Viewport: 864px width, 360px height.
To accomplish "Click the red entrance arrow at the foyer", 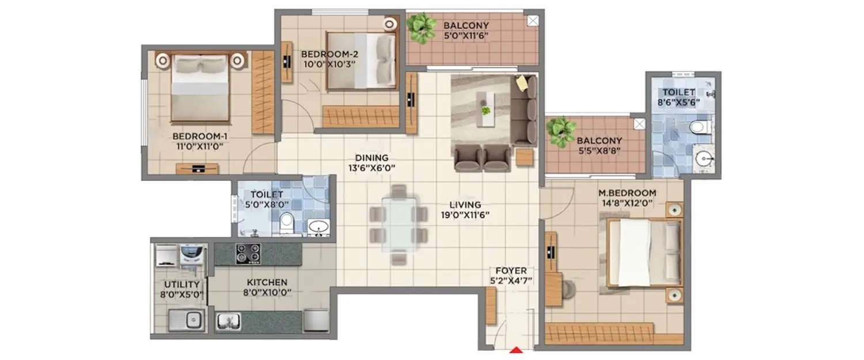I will (517, 349).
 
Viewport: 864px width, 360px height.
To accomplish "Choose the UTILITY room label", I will (181, 285).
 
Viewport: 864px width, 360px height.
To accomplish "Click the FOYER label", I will (507, 270).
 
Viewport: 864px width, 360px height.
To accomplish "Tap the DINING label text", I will (372, 158).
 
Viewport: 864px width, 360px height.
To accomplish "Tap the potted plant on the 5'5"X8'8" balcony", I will (559, 131).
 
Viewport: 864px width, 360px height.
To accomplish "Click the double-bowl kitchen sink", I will (229, 321).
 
